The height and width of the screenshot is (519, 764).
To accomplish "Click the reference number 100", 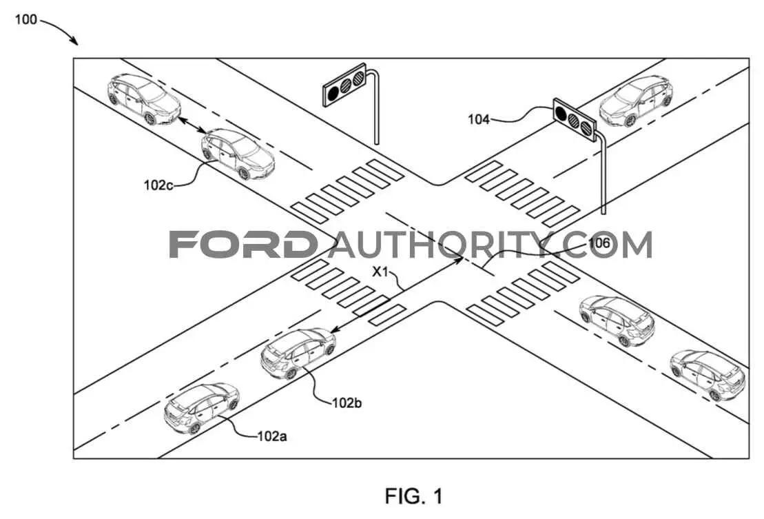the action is pos(25,19).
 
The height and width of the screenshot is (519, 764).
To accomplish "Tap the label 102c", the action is pos(158,185).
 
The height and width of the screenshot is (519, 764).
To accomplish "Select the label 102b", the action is pos(347,403).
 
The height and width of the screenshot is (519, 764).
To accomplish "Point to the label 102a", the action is pos(272,436).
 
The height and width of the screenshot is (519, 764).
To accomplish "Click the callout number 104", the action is pos(479,119).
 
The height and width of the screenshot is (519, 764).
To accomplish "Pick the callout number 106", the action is pos(599,243).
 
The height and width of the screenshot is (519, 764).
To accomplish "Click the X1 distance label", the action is pos(380,272).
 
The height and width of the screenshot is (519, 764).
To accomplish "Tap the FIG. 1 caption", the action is pos(414,496).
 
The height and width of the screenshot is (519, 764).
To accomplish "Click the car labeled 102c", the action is pos(238,154).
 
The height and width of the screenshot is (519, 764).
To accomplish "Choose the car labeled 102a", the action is pos(202,409).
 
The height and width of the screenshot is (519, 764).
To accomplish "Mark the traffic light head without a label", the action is pos(344,85).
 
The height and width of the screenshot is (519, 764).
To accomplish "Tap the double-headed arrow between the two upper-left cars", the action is pos(192,124).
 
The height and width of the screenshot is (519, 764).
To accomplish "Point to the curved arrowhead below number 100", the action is pos(74,41).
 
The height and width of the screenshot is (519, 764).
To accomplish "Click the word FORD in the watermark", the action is pos(242,244).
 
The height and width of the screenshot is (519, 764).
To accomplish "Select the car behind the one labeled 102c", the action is pos(144,99).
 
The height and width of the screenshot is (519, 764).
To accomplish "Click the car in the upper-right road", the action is pos(636,101).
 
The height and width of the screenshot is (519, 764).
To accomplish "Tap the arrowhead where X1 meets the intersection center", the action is pos(459,261).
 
